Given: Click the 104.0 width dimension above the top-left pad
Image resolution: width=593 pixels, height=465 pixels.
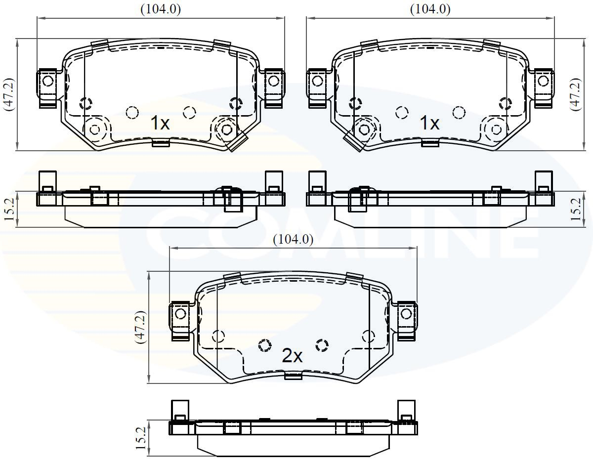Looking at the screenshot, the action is coord(161,10).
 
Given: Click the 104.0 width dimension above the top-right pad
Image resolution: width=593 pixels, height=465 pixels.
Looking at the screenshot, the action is coord(430,10).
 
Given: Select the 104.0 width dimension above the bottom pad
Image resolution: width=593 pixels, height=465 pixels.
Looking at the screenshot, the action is coord(293,240).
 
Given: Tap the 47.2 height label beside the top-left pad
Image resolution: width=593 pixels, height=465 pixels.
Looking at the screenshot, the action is coord(8,94).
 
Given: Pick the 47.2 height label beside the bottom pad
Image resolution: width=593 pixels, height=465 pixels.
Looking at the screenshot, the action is coord(141,327).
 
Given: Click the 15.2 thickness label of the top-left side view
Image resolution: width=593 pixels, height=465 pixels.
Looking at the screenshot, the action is coord(9,210).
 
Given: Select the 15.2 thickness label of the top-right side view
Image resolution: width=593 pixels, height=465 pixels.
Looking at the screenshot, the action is coord(576,210).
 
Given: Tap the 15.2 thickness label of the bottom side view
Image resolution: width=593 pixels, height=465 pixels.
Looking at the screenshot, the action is coord(141,438).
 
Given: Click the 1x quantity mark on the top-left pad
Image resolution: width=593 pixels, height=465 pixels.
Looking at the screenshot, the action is coord(160,123).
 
